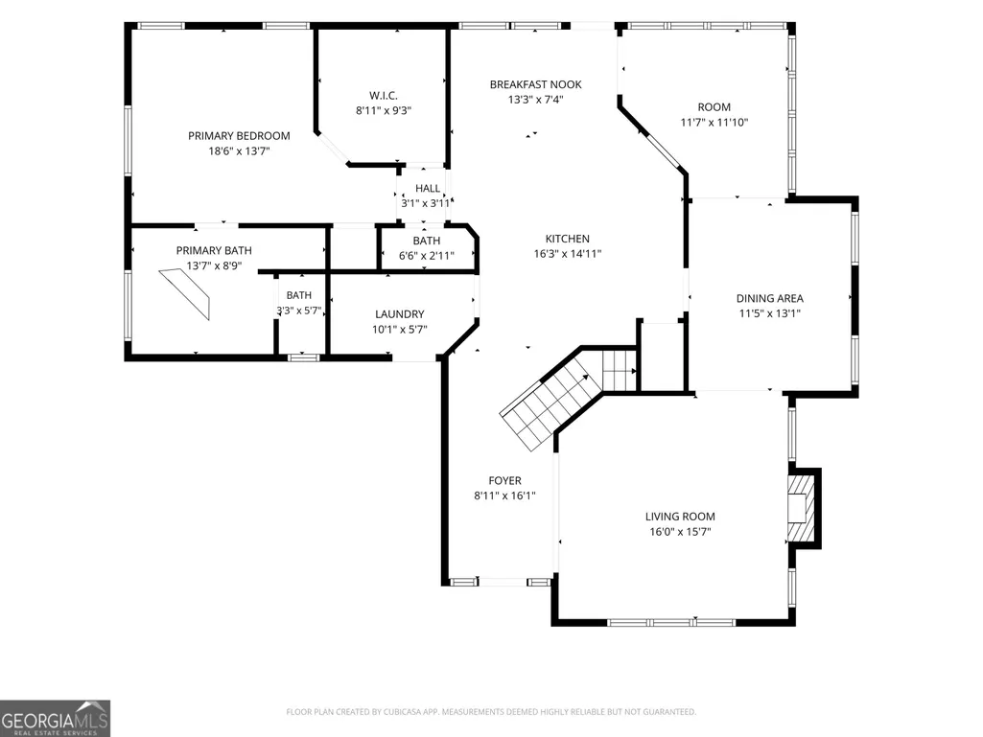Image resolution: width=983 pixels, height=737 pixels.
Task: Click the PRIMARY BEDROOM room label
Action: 239,135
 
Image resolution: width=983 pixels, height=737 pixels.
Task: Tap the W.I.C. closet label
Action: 383,95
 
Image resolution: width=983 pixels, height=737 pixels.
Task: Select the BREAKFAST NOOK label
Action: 535,84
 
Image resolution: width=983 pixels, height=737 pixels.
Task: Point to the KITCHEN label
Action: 568,238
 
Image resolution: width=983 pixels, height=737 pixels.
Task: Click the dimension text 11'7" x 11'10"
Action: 714,123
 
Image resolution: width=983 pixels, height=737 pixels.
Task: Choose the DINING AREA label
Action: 769,298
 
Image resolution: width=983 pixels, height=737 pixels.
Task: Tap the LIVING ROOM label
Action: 680,517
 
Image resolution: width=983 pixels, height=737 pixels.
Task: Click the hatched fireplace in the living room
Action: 802,508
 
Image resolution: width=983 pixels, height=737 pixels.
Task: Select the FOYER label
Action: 504,480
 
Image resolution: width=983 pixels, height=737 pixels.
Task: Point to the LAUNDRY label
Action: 399,314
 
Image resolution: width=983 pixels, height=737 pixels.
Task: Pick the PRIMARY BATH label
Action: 214,250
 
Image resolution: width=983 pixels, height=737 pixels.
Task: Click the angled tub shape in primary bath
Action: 185,293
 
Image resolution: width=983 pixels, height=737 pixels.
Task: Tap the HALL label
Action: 428,188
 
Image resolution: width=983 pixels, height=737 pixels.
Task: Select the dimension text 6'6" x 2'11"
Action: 427,256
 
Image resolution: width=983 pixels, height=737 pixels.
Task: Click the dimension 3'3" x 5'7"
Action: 299,311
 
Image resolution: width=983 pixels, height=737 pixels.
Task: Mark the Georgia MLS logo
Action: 56,719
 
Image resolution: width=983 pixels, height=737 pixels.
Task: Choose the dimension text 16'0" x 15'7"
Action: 680,532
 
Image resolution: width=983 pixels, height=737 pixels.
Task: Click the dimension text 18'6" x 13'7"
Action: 239,151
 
